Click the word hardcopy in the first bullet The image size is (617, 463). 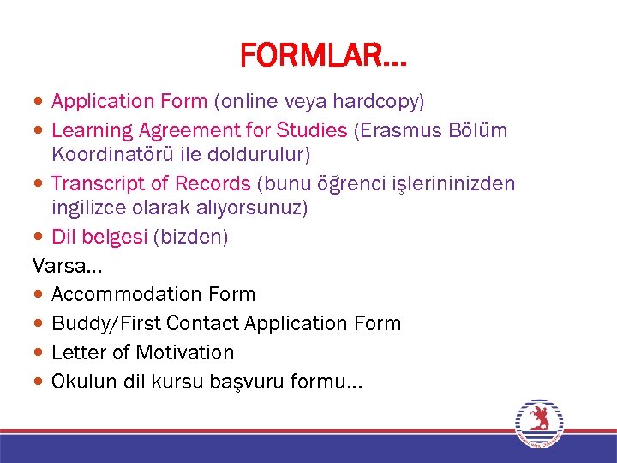click(x=383, y=101)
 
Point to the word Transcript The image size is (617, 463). click(x=99, y=183)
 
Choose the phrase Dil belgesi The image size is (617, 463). click(x=99, y=237)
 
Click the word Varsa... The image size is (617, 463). click(x=59, y=265)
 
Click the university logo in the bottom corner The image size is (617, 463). click(x=539, y=422)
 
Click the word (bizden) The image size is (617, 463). click(x=190, y=237)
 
